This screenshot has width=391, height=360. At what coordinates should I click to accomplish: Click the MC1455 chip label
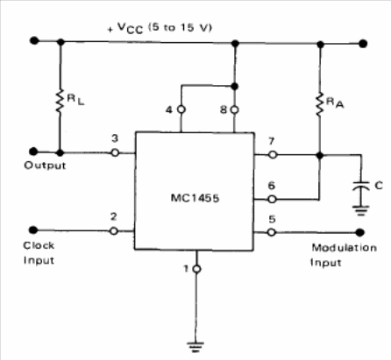click(195, 198)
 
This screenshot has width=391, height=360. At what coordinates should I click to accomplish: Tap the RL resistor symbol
click(60, 101)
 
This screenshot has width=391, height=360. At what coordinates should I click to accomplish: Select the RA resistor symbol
click(320, 104)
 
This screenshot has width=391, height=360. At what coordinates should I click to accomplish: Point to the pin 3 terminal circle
click(115, 152)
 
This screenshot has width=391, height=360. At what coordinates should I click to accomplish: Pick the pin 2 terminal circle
click(114, 231)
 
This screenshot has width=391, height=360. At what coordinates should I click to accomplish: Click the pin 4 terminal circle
click(181, 109)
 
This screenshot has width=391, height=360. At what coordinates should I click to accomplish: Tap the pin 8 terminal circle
click(234, 109)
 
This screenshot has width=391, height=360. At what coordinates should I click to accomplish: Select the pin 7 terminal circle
click(273, 154)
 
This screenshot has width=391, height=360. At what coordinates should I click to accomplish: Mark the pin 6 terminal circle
click(272, 200)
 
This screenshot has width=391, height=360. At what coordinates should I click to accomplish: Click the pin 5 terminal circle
click(272, 232)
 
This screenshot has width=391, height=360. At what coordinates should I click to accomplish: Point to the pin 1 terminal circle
click(197, 269)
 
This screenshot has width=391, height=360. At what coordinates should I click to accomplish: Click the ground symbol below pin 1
click(195, 347)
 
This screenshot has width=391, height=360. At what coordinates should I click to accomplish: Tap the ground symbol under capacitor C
click(361, 210)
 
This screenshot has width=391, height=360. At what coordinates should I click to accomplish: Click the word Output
click(45, 166)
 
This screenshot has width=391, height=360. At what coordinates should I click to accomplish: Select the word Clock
click(39, 245)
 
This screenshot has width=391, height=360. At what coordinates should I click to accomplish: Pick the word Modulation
click(345, 248)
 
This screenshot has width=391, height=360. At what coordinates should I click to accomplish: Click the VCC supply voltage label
click(160, 28)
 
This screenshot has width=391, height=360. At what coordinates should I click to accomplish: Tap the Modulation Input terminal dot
click(360, 232)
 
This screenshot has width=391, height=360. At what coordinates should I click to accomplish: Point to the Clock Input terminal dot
click(33, 230)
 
